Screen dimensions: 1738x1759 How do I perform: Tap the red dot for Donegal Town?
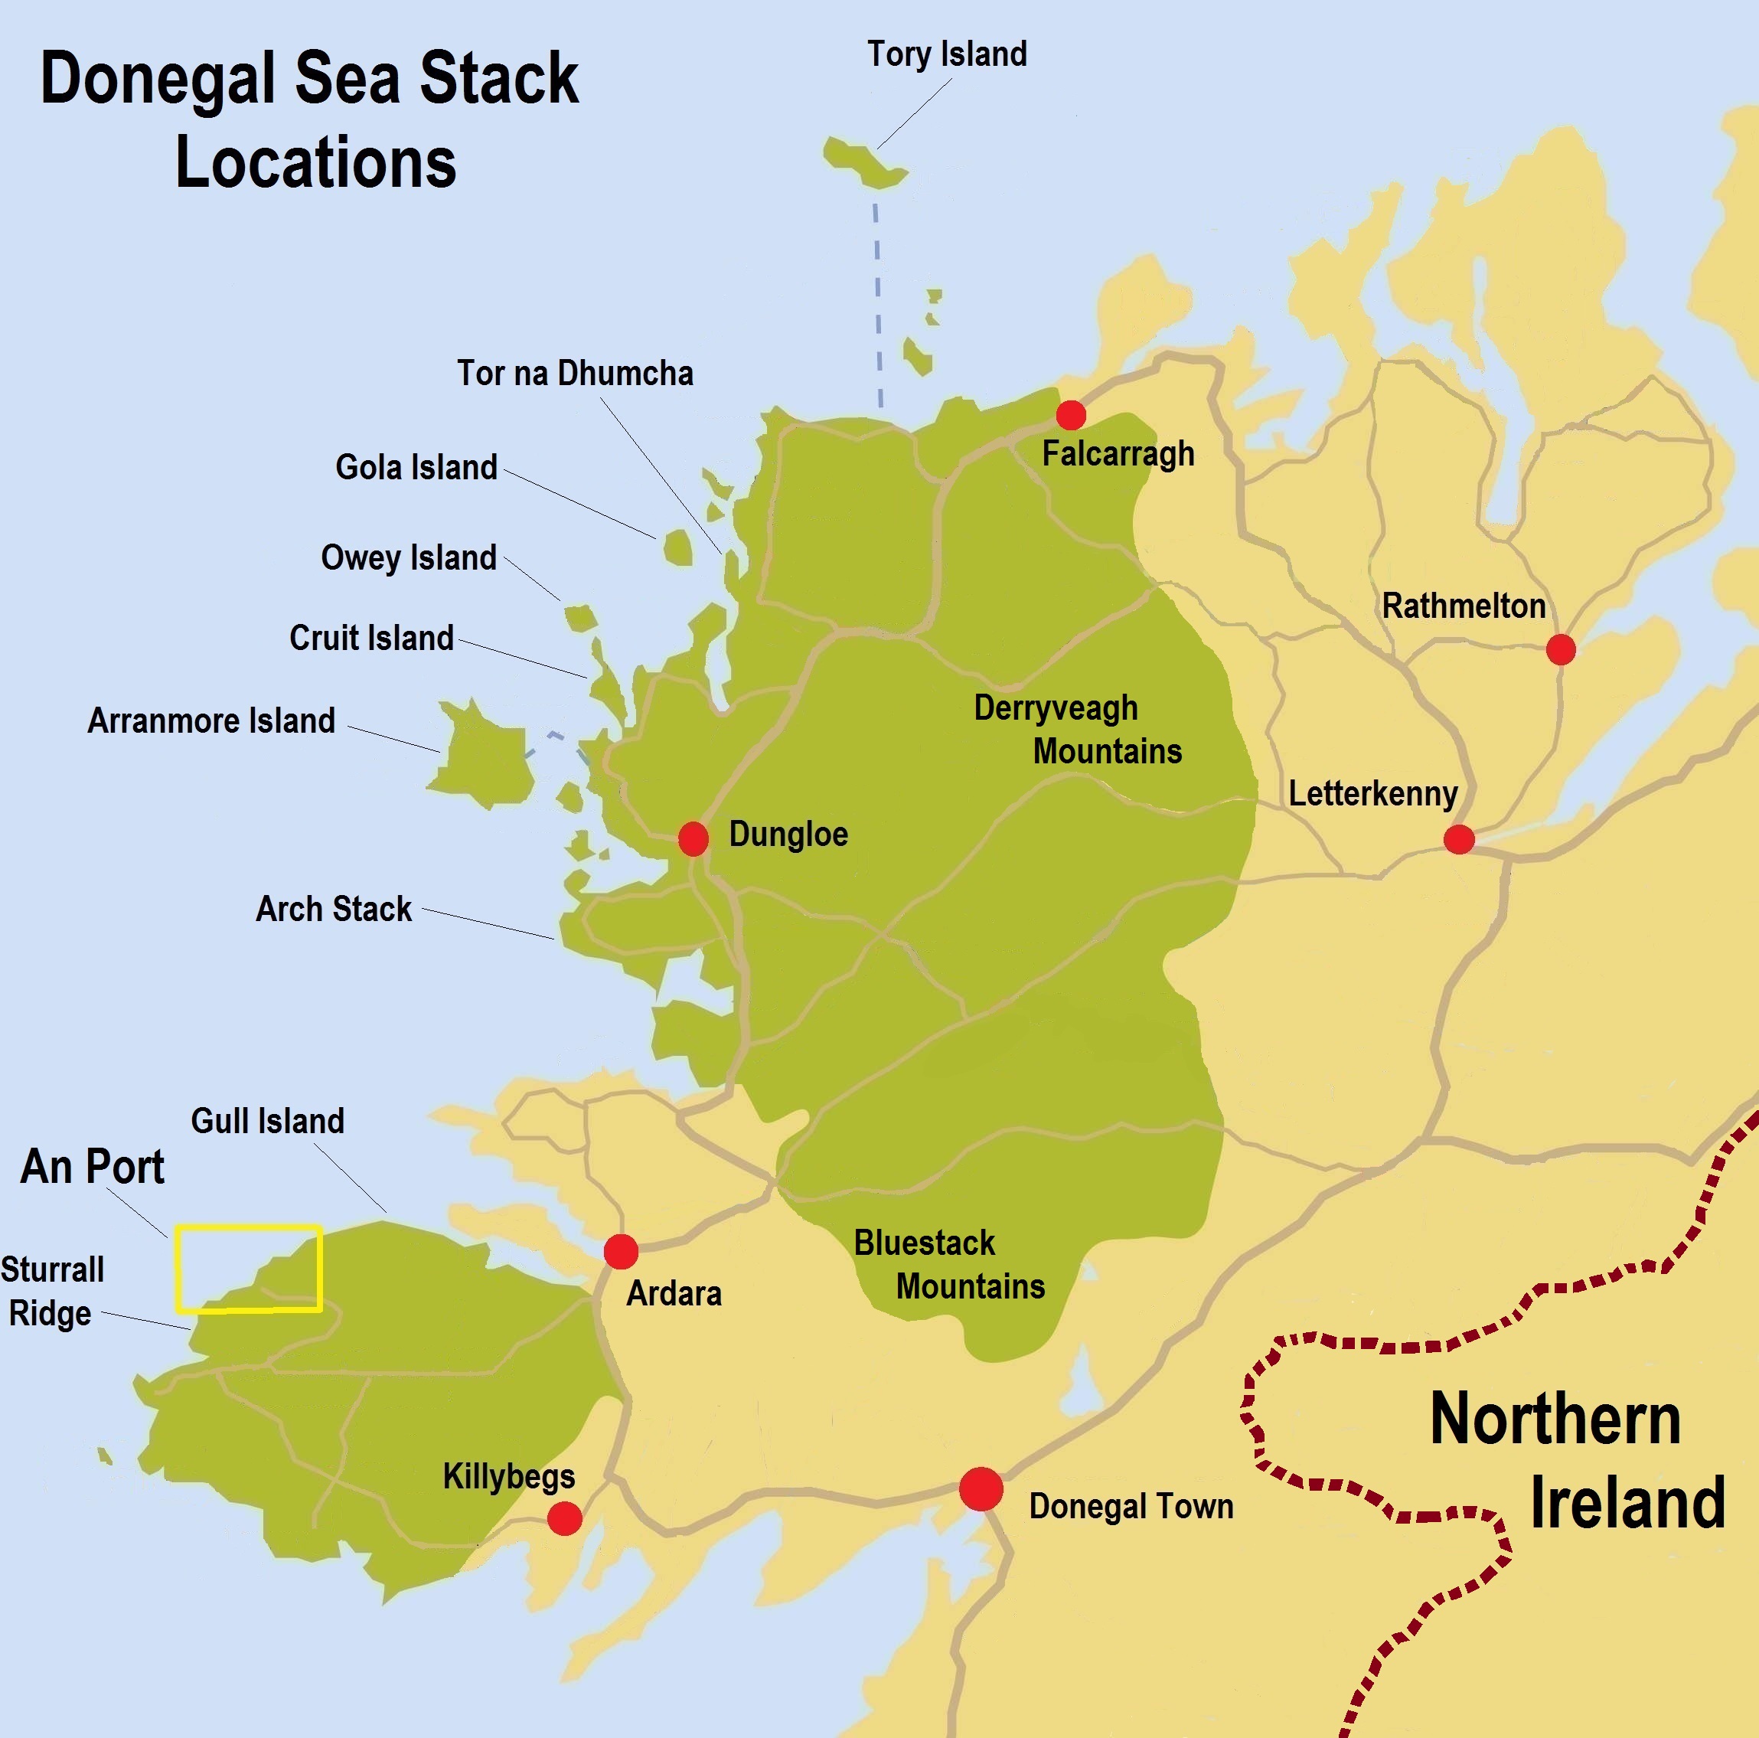point(981,1489)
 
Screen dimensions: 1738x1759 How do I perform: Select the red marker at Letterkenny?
point(1458,839)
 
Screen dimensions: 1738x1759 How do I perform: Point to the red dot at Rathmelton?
point(1561,649)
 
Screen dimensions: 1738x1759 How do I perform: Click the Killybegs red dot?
point(564,1518)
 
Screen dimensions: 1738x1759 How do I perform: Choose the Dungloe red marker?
point(693,838)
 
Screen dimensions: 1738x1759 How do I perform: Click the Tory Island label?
point(946,54)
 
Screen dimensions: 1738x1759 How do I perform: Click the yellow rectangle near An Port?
point(249,1269)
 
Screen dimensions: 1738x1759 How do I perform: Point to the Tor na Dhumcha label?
point(575,374)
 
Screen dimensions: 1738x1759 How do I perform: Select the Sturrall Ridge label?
point(52,1292)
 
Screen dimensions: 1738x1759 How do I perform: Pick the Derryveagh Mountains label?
point(1077,730)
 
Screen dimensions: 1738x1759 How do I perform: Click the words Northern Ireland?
point(1577,1462)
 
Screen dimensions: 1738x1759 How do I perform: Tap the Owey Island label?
point(408,557)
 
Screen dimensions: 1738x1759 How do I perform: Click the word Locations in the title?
point(315,163)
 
